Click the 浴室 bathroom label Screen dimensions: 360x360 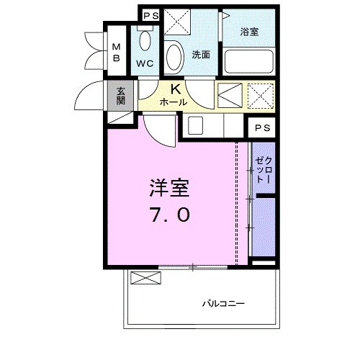(x=249, y=32)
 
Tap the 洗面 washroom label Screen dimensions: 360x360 (x=200, y=54)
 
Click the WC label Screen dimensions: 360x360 (x=145, y=63)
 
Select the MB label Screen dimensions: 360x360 (x=116, y=53)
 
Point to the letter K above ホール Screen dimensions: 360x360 (x=175, y=89)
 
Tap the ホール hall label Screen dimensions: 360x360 (x=174, y=102)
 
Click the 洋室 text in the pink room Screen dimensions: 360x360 (x=169, y=189)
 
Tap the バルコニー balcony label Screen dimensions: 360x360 (x=222, y=303)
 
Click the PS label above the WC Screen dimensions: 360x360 (x=150, y=14)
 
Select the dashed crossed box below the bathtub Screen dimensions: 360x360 (x=260, y=94)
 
